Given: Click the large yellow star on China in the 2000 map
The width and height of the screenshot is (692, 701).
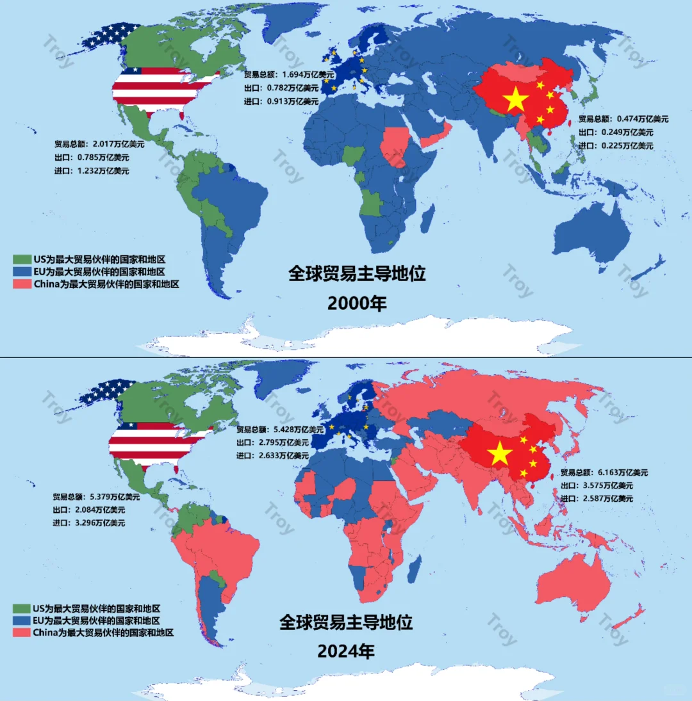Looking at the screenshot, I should pos(516,99).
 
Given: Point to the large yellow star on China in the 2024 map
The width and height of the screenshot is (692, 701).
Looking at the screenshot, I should pos(500,454).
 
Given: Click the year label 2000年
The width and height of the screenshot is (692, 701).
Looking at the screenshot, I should pos(357,303).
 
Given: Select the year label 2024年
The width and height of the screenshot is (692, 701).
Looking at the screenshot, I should pos(346,652).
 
